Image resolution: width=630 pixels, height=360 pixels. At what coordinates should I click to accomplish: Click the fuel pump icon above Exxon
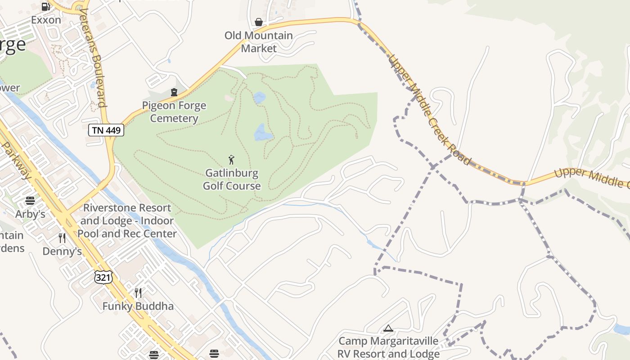45,7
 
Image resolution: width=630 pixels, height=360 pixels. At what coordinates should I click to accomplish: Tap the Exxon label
46,20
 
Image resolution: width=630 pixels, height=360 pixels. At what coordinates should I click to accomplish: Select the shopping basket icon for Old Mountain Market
259,22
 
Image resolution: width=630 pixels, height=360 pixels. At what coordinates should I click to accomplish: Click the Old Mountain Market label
259,41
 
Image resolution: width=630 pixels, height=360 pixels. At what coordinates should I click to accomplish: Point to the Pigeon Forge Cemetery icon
174,92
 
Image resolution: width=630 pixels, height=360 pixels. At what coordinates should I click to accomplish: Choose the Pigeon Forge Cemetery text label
174,112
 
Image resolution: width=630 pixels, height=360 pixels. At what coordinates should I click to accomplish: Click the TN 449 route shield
106,130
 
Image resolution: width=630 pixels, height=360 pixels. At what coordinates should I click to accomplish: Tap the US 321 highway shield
103,277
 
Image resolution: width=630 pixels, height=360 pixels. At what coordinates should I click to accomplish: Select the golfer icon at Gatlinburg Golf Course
231,160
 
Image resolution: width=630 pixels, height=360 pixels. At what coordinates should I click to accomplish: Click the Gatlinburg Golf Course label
232,180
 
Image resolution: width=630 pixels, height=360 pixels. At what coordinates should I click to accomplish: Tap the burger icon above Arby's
30,201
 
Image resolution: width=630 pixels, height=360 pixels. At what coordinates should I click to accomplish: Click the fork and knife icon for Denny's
62,238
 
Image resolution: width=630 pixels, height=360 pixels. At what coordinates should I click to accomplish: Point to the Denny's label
62,251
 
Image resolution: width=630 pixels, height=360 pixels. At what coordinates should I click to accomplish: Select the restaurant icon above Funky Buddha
138,293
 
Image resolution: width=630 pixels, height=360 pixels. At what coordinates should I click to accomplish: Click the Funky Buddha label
138,306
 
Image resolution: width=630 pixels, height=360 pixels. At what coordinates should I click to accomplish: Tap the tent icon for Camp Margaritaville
388,328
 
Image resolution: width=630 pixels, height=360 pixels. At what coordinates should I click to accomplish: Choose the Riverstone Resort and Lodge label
127,221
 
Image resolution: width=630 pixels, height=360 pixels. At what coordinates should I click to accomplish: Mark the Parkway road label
16,160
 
